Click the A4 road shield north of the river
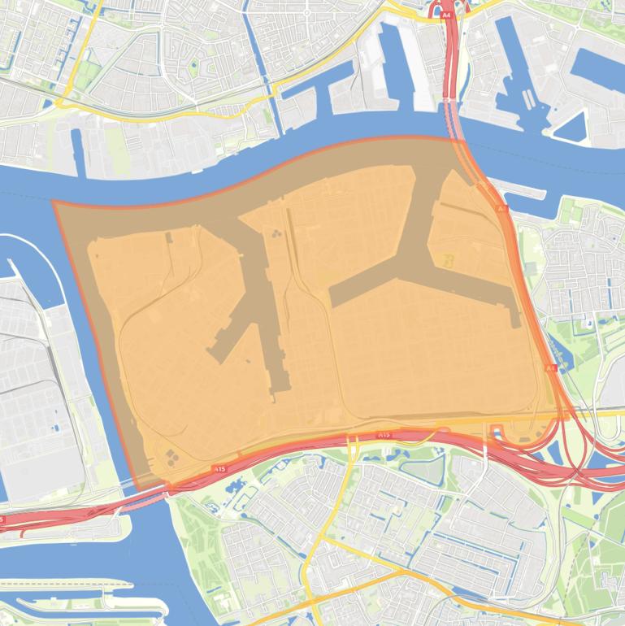445,14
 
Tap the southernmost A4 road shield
550,368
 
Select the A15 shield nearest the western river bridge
218,469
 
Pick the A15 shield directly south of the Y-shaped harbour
384,435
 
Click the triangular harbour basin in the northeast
572,127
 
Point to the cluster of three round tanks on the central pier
278,234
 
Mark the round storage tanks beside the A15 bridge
171,458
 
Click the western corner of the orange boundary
54,202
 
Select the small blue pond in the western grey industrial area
57,426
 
